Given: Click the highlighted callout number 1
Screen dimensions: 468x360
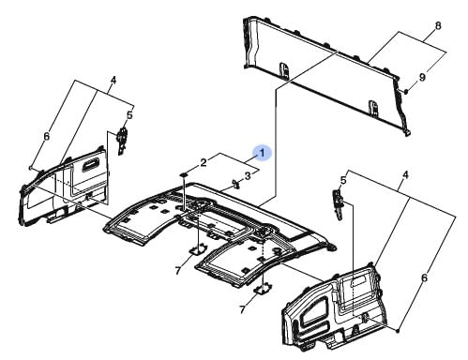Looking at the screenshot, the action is [263, 153].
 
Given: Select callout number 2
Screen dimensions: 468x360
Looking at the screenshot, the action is [204, 162].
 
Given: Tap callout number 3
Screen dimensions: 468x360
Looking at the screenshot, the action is [248, 176].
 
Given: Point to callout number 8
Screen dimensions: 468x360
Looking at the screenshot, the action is [438, 25].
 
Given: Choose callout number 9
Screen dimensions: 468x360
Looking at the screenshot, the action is [422, 77].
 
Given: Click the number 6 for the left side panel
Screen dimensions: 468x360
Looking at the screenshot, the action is [46, 137].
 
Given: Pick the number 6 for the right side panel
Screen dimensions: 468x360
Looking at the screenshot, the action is [424, 277].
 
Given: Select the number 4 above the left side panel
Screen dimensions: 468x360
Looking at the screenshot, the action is [113, 81].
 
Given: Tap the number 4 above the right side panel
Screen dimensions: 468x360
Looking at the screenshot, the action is [405, 175].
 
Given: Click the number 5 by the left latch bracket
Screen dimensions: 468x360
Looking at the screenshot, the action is [129, 115].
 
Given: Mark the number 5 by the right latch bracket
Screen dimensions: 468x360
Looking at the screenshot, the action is [343, 180].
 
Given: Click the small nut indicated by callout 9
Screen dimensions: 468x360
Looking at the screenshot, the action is [406, 92].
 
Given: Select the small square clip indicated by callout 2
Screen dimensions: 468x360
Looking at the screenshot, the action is [184, 175].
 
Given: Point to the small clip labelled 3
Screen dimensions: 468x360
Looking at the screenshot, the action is [235, 184].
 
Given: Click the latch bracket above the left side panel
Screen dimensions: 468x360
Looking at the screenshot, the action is [122, 141].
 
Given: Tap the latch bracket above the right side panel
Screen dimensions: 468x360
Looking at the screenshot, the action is [338, 204].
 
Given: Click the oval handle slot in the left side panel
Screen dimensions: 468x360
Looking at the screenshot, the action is [90, 166].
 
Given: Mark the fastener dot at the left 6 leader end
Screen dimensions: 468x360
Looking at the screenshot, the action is [30, 168].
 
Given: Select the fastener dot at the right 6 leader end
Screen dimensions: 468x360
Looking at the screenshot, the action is [398, 330].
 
